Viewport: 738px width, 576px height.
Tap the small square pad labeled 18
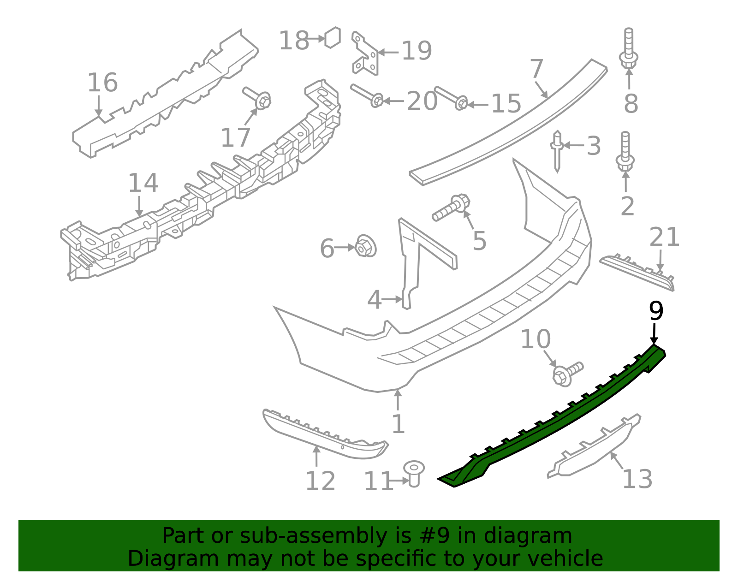[x=333, y=37]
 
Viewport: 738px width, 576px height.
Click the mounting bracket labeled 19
[x=365, y=53]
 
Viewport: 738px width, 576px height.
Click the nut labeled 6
[x=365, y=246]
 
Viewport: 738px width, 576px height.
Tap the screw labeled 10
[x=567, y=374]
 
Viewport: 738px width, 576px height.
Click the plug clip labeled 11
[x=414, y=474]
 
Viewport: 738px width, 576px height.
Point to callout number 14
[x=143, y=183]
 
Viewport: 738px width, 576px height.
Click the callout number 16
[x=102, y=82]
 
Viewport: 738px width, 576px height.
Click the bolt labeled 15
[x=451, y=98]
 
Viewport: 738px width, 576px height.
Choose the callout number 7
[x=536, y=69]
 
